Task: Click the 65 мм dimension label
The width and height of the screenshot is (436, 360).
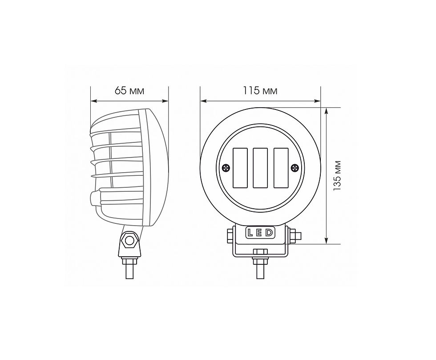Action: pos(129,91)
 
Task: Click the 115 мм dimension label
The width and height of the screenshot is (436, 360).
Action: pos(260,91)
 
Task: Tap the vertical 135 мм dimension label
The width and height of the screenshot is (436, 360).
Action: pos(337,175)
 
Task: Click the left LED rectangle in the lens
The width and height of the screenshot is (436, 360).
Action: pos(240,167)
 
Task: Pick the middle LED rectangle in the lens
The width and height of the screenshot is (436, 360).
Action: pos(260,167)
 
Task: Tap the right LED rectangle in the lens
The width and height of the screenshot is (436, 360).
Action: pos(281,167)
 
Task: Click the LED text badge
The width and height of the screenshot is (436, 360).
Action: pos(260,233)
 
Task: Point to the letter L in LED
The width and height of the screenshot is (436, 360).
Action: pos(250,233)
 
